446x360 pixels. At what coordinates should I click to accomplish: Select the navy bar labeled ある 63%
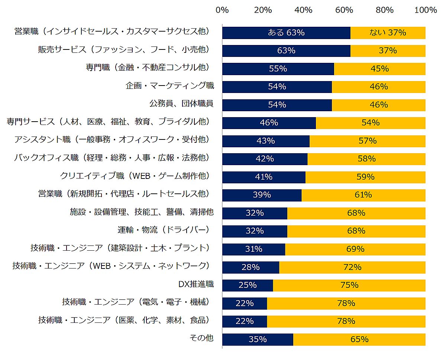tap(286, 33)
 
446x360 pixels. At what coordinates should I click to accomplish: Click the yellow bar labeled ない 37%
tap(388, 33)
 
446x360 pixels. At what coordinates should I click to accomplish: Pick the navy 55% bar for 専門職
tap(278, 69)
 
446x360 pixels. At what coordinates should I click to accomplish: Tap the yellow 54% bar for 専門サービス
tap(371, 123)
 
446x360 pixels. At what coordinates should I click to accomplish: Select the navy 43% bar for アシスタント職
tap(266, 141)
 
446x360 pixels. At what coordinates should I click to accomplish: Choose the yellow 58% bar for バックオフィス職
tap(366, 159)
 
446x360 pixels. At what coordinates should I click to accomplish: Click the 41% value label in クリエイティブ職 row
tap(264, 177)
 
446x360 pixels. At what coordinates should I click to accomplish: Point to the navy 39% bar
tap(262, 195)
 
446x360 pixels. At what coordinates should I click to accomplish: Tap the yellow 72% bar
tap(352, 267)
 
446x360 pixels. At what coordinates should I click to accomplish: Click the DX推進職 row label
tap(196, 285)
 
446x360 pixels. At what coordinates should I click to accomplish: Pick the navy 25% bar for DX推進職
tap(248, 285)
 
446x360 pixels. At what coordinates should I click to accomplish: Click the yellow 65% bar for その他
tap(359, 339)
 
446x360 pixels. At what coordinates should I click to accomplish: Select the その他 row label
tap(201, 338)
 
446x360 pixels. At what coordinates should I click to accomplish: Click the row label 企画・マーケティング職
tap(169, 86)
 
